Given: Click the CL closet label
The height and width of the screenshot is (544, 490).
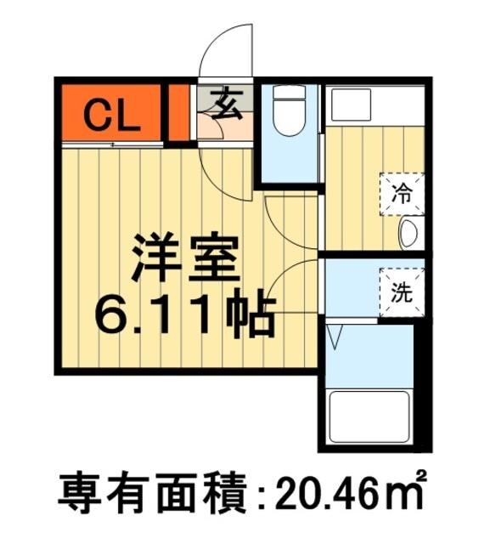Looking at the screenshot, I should [x=110, y=116].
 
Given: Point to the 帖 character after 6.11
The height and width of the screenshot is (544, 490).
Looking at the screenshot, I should [x=250, y=316].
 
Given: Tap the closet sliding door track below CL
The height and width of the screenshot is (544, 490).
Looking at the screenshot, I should [x=110, y=144].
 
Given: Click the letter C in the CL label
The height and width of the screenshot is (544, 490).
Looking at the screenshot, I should [x=97, y=116].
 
